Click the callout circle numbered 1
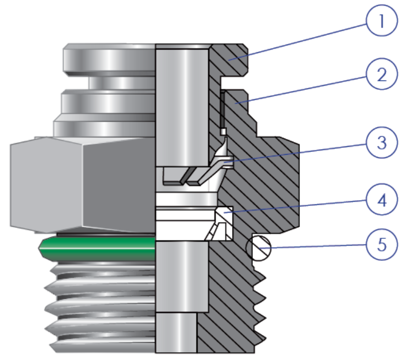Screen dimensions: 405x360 tap(382, 20)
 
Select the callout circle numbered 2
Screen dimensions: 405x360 tap(382, 74)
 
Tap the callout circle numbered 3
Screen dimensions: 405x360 tap(382, 142)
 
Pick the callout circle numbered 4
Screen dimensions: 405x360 tap(382, 200)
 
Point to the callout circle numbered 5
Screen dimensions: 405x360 tap(382, 245)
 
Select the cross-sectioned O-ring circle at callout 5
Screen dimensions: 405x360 tap(258, 248)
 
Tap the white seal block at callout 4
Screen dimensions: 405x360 tap(224, 224)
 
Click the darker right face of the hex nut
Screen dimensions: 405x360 tap(119, 184)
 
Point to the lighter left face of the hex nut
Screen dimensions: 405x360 tap(47, 184)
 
